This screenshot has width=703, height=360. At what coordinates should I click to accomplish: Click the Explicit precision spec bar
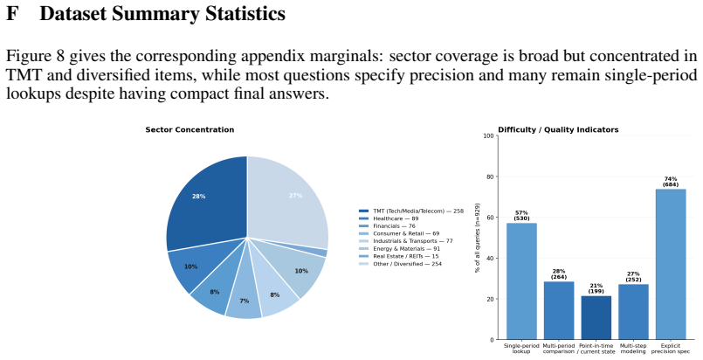(671, 264)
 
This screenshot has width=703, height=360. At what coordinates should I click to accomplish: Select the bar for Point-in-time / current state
(596, 317)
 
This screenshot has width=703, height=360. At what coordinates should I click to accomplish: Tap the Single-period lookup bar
(522, 281)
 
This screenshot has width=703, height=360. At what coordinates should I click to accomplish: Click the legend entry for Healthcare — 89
(389, 218)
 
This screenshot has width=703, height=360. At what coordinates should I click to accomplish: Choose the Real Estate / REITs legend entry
(398, 256)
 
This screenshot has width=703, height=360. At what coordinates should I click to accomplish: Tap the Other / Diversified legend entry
(400, 264)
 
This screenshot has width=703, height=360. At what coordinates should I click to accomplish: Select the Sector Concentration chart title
(190, 129)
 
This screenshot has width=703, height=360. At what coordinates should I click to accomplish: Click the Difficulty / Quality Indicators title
(558, 129)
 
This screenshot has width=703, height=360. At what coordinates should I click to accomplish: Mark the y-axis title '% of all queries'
(478, 238)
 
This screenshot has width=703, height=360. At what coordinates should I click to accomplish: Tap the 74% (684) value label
(671, 182)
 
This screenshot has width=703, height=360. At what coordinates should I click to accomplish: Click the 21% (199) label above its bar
(596, 288)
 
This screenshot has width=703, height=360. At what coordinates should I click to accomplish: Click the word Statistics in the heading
(245, 13)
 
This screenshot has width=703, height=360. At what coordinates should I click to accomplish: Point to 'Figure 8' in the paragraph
(35, 57)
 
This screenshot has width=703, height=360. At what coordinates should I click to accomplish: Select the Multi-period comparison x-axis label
(559, 349)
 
